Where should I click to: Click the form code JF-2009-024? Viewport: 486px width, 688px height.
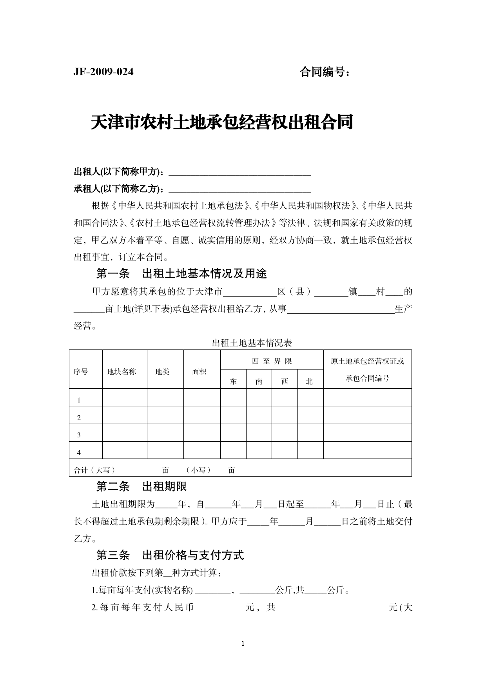point(103,72)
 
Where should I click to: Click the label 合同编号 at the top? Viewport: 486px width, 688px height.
point(325,72)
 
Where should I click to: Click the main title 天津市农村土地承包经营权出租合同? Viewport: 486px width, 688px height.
point(222,122)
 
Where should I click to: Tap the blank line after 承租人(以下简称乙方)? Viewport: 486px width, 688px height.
point(239,189)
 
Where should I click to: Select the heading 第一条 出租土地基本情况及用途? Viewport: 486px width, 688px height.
point(181,273)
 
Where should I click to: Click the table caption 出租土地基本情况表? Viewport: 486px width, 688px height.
point(252,343)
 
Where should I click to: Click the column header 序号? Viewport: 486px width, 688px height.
point(81,371)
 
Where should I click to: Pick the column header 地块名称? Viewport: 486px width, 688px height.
point(121,371)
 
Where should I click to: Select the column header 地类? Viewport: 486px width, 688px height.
point(162,371)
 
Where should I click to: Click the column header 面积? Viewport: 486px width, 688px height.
point(199,371)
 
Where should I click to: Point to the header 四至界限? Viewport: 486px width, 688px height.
point(272,361)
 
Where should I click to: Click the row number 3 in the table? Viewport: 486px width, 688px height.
point(79,435)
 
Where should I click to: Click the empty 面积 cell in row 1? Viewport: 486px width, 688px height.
point(202,397)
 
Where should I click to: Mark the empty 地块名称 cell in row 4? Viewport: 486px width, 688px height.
point(125,450)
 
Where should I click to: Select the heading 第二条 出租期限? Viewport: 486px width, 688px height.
point(141,487)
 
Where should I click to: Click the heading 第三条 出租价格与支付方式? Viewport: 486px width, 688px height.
point(170,555)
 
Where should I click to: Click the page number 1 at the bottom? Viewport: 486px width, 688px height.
point(243,643)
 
